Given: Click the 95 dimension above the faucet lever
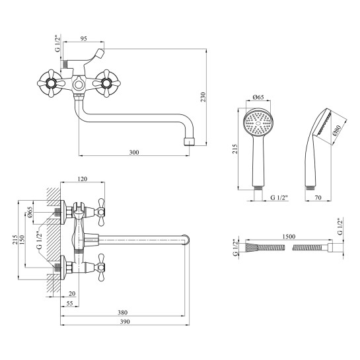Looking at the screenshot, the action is coord(84,38).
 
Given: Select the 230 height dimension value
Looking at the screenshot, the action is coord(203,97).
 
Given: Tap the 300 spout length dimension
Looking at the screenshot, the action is coord(134,152).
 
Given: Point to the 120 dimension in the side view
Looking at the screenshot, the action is coord(83,178).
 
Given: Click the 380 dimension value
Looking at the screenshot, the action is coord(122,312).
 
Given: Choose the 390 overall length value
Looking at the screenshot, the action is coord(125,322).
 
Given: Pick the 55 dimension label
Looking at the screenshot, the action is coord(69,303).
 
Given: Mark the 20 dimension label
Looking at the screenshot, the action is coord(72,293).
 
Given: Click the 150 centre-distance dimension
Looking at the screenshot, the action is coord(22,240).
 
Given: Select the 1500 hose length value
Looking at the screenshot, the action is coord(289,236).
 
